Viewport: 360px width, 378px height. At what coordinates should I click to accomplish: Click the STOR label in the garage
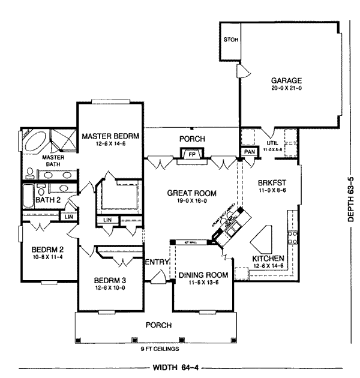click(x=231, y=41)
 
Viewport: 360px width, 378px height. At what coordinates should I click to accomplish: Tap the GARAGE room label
click(x=286, y=80)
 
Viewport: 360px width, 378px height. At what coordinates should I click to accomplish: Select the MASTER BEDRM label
click(x=111, y=136)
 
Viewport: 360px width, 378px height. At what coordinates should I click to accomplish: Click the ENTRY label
click(x=157, y=262)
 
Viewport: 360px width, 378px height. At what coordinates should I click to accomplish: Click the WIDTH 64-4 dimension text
click(x=178, y=366)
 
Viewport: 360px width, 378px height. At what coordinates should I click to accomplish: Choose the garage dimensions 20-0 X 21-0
click(x=286, y=88)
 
